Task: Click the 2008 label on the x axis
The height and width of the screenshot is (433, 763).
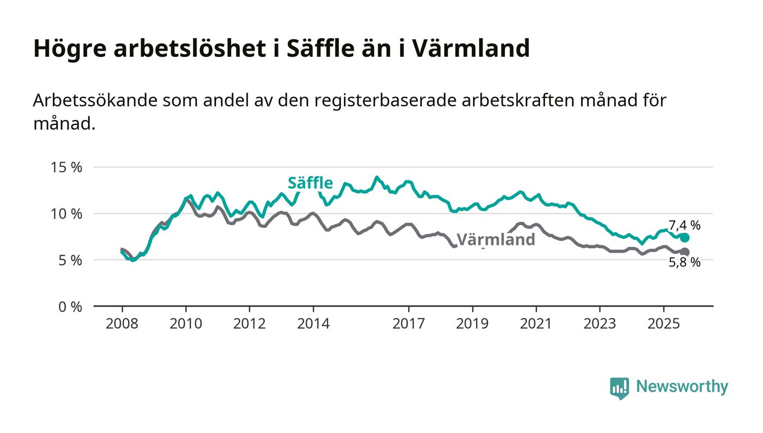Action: tap(122, 323)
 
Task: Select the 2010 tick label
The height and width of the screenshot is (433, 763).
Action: tap(185, 323)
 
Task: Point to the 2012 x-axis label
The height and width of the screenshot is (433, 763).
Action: tap(249, 323)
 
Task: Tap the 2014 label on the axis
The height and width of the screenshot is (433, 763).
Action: tap(313, 323)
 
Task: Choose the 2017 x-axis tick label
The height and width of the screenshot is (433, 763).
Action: tap(408, 323)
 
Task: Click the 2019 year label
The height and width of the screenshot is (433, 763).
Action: tap(472, 323)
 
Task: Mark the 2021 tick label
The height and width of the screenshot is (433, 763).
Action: tap(536, 323)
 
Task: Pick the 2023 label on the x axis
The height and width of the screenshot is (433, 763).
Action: tap(599, 323)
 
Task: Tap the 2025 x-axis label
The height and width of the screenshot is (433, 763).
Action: tap(663, 323)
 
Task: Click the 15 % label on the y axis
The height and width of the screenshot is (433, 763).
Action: tap(66, 167)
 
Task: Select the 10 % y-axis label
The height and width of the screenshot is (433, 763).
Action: tap(66, 214)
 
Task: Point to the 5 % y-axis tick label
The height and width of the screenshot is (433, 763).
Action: tap(70, 260)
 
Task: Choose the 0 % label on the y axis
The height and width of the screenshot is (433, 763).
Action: tap(70, 306)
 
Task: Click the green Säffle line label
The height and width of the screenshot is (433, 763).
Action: tap(310, 183)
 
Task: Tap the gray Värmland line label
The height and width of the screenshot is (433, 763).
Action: tap(495, 240)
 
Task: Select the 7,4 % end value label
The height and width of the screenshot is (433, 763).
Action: tap(685, 225)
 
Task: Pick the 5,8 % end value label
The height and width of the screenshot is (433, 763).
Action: tap(685, 263)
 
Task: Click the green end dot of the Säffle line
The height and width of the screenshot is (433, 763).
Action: tap(685, 238)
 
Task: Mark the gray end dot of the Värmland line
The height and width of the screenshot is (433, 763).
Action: tap(685, 252)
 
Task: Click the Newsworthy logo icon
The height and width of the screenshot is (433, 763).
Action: tap(619, 388)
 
